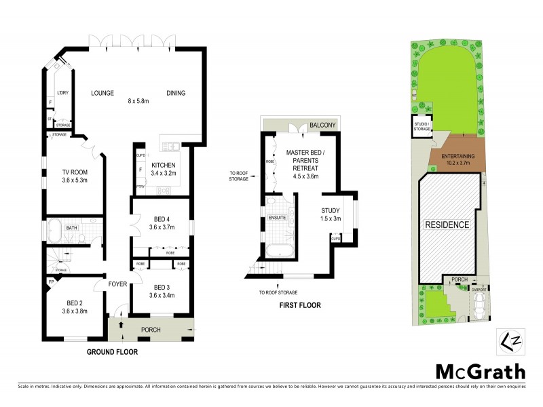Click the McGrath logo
[x=480, y=372]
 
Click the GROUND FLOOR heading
[x=112, y=352]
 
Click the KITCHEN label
[x=164, y=165]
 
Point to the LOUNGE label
[x=102, y=93]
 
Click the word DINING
[x=176, y=93]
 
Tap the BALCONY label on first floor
[x=324, y=125]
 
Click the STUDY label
[x=331, y=210]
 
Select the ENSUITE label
[x=278, y=218]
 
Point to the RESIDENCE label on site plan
[x=447, y=225]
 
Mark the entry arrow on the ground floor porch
[x=121, y=326]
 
